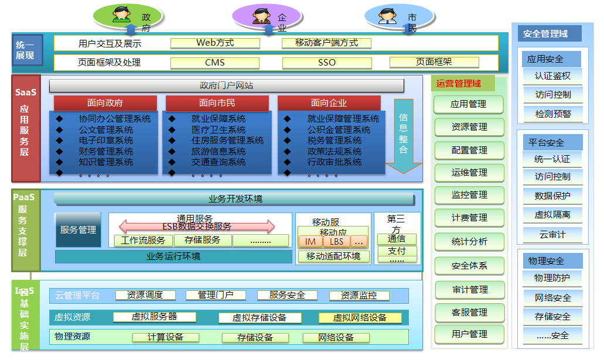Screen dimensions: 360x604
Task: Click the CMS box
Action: [215, 63]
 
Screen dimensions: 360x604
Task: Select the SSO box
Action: [327, 63]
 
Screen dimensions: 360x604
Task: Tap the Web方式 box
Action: [215, 43]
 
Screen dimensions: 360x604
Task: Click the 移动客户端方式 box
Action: [326, 43]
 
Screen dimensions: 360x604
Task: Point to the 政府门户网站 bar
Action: [227, 86]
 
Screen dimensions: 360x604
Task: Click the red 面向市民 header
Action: [217, 103]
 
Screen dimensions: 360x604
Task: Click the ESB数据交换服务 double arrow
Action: [197, 226]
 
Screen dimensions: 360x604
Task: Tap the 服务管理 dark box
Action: [78, 230]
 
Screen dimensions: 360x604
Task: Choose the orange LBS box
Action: [337, 241]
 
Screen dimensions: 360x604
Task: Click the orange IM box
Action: [310, 241]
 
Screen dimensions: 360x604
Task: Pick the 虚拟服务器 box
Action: [154, 317]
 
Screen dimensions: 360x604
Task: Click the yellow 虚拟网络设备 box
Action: [360, 318]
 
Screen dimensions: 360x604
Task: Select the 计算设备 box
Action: [166, 337]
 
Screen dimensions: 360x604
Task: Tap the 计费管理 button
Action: [469, 218]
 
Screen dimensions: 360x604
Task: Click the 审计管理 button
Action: [469, 290]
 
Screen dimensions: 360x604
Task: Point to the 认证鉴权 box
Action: [552, 76]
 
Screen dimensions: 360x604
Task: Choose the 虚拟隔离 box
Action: [552, 215]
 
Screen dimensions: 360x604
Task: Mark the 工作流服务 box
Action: [144, 240]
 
